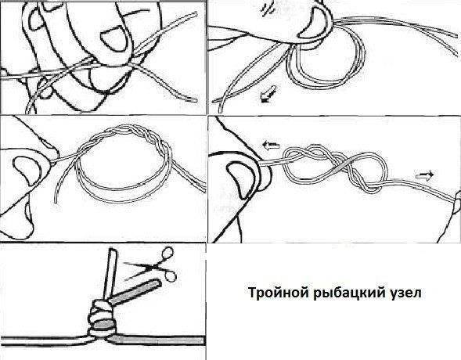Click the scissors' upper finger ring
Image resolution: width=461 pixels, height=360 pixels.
[x=167, y=253]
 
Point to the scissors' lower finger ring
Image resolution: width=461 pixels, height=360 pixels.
[x=171, y=276]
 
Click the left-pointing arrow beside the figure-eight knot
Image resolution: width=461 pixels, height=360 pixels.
[x=271, y=145]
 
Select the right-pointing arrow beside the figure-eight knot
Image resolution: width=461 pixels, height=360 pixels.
[x=424, y=175]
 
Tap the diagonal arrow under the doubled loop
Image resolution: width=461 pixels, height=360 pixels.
[x=268, y=95]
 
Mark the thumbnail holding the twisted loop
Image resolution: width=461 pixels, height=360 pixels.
[x=27, y=170]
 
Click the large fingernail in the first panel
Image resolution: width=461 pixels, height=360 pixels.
[x=114, y=38]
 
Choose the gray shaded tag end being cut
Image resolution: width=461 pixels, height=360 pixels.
[x=135, y=293]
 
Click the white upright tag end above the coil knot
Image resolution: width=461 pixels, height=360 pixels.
[x=111, y=274]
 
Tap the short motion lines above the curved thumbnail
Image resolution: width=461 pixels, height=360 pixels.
[x=268, y=9]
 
